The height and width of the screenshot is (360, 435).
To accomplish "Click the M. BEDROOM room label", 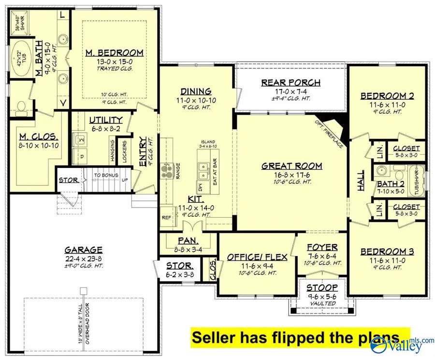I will pyautogui.click(x=115, y=52).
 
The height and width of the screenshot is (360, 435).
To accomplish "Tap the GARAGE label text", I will pyautogui.click(x=84, y=250).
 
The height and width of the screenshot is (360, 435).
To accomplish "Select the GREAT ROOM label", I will pyautogui.click(x=291, y=166).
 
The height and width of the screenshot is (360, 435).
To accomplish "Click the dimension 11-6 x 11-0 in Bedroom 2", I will pyautogui.click(x=381, y=104).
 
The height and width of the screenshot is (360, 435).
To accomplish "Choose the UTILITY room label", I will pyautogui.click(x=106, y=120).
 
